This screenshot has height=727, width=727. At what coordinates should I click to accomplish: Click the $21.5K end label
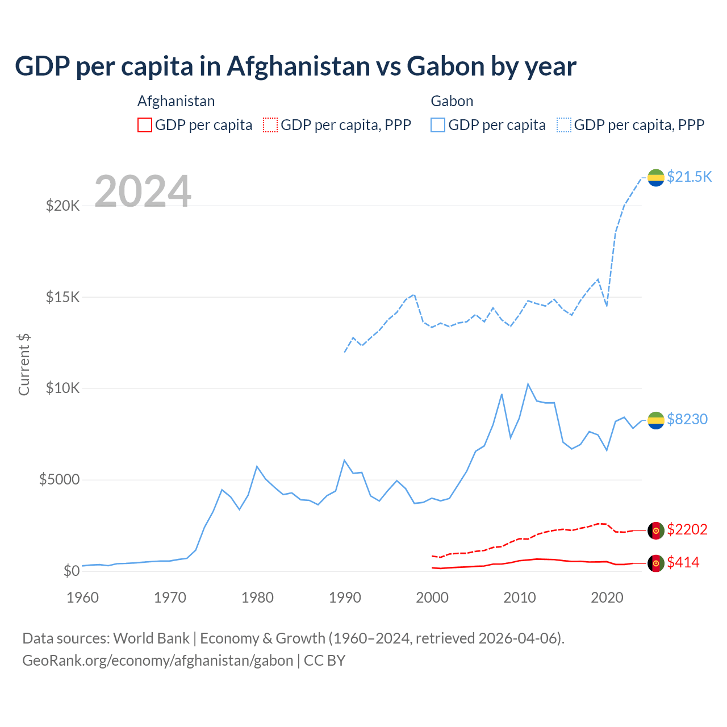[689, 177]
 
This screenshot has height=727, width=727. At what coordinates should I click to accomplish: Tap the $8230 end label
[687, 419]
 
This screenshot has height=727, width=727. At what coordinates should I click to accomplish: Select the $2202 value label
[687, 529]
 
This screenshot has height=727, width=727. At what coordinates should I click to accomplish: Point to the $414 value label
[683, 562]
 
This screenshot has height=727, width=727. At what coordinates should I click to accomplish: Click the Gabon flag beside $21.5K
[656, 178]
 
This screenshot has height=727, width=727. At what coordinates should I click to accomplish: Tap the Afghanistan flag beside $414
[656, 563]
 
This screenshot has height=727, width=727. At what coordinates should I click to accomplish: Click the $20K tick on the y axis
[62, 206]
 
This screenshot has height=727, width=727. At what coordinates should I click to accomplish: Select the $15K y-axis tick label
[62, 297]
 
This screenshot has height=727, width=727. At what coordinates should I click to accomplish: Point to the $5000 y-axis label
[59, 480]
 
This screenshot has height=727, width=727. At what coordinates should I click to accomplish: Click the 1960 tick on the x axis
[83, 598]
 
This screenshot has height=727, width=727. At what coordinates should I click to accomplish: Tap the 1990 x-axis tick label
[345, 598]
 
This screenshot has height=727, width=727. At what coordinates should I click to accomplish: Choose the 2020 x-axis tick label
[607, 598]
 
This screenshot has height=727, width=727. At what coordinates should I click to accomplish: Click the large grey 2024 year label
[143, 191]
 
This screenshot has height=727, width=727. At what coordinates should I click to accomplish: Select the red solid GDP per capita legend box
[145, 125]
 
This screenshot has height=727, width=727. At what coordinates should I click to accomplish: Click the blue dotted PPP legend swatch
[564, 125]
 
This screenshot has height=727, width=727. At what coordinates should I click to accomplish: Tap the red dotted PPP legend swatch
[270, 125]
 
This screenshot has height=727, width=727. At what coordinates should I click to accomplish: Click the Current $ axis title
[24, 364]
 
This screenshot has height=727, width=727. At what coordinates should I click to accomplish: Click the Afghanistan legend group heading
[176, 101]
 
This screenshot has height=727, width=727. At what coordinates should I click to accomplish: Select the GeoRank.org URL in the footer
[157, 661]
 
